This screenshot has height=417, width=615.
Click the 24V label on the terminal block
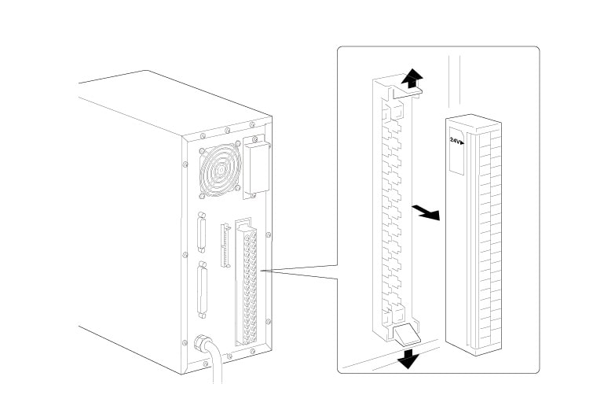pyautogui.click(x=456, y=142)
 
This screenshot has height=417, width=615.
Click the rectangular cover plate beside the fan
pyautogui.click(x=255, y=168)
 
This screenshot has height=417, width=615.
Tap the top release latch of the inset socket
pyautogui.click(x=409, y=91)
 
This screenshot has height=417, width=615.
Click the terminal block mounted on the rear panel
pyautogui.click(x=251, y=287)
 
